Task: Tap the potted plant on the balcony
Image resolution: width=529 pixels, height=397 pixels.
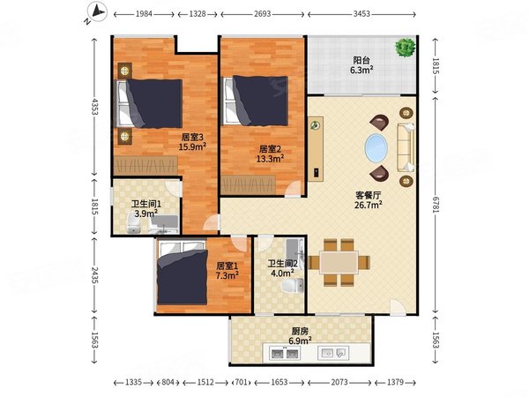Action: [x=405, y=47]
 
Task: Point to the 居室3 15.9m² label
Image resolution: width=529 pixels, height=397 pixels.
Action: [x=192, y=142]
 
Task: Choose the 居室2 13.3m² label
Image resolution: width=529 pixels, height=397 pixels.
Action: [x=270, y=154]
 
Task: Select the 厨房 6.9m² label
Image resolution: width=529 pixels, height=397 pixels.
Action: [x=300, y=335]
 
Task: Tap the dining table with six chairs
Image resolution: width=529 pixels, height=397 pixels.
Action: [x=339, y=262]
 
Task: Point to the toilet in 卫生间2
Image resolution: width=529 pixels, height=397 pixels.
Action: [x=299, y=283]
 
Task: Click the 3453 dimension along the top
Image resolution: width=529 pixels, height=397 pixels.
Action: [x=362, y=15]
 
